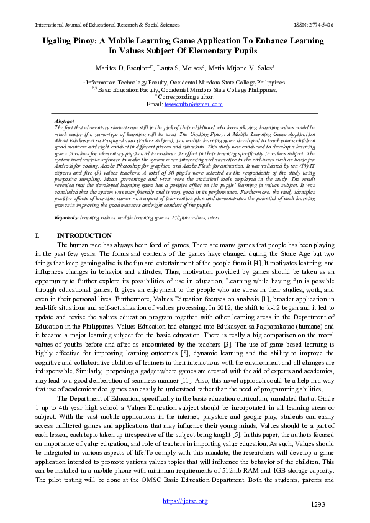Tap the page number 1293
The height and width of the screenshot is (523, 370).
(317, 504)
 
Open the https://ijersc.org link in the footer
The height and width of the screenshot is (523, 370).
(184, 501)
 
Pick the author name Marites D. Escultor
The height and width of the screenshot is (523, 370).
(123, 67)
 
